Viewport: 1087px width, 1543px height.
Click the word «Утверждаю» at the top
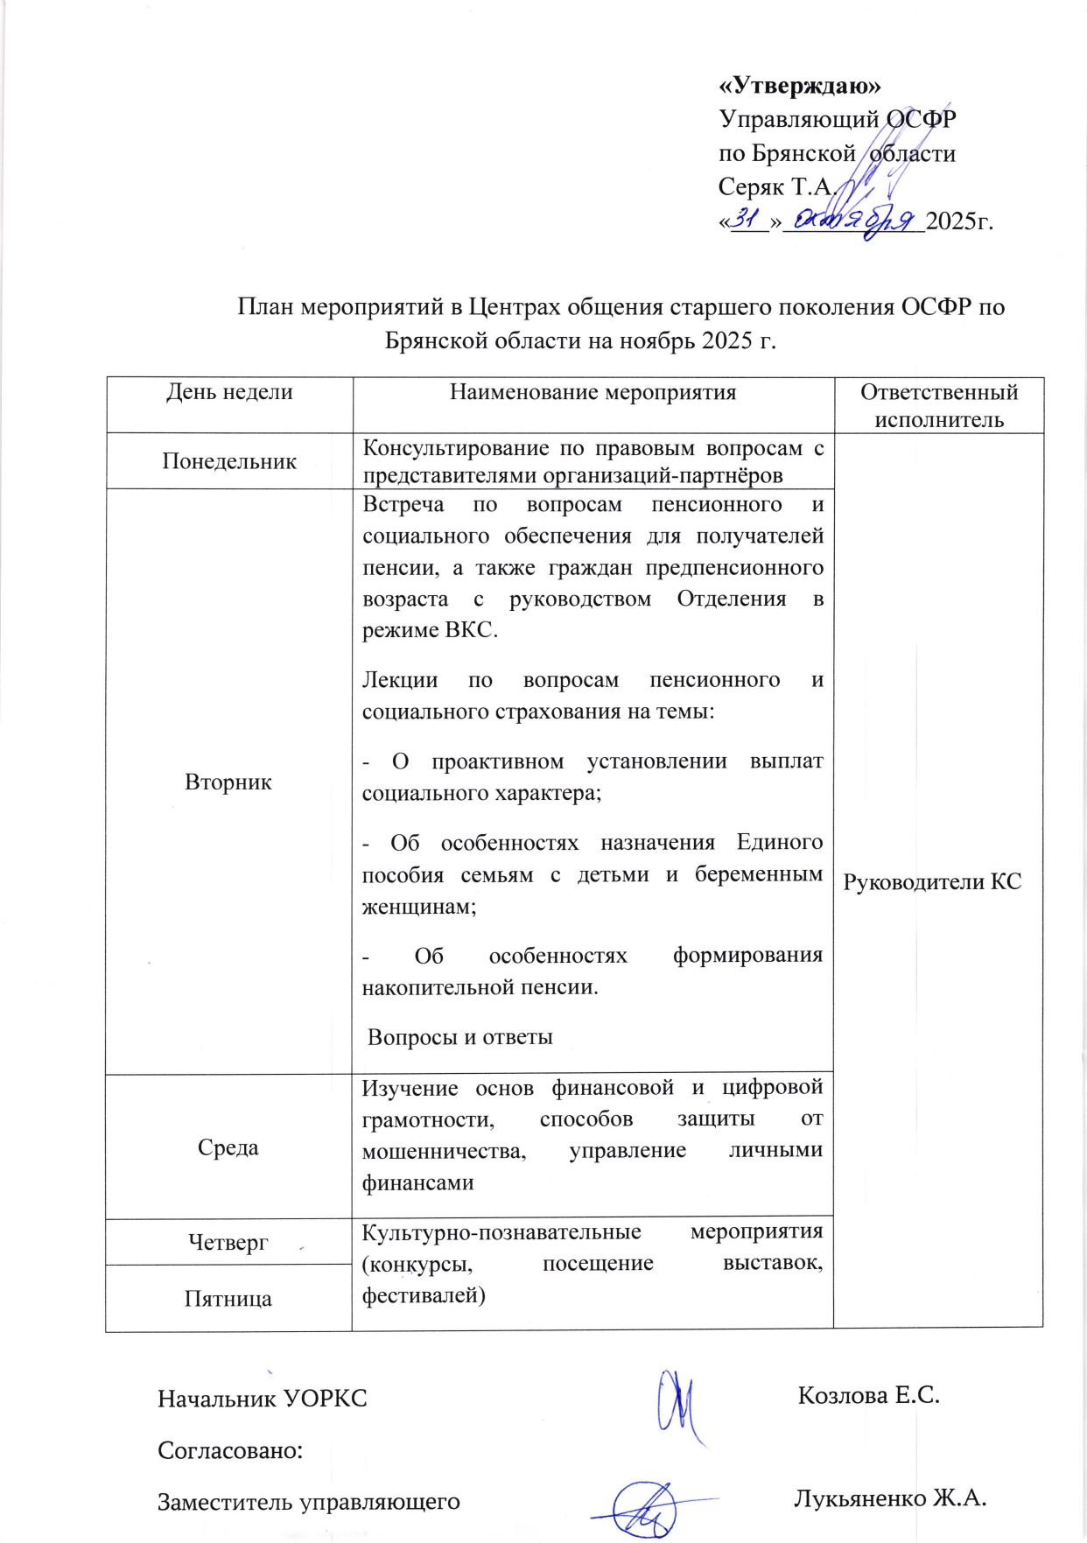(800, 85)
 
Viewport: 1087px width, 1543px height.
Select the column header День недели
(229, 392)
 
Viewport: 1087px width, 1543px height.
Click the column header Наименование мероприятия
(593, 392)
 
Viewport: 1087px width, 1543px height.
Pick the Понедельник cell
(229, 461)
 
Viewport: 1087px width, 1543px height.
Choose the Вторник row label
(228, 782)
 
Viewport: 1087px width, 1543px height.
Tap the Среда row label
(228, 1147)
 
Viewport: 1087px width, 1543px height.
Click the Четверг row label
(228, 1242)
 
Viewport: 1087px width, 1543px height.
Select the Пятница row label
(228, 1299)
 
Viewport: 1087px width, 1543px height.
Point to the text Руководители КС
(932, 881)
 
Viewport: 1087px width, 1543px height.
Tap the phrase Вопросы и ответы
(460, 1038)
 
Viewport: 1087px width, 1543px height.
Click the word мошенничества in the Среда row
(444, 1151)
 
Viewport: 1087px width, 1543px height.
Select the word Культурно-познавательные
(501, 1232)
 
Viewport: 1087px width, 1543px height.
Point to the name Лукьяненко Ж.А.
(890, 1498)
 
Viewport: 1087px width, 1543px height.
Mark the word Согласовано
(230, 1450)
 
